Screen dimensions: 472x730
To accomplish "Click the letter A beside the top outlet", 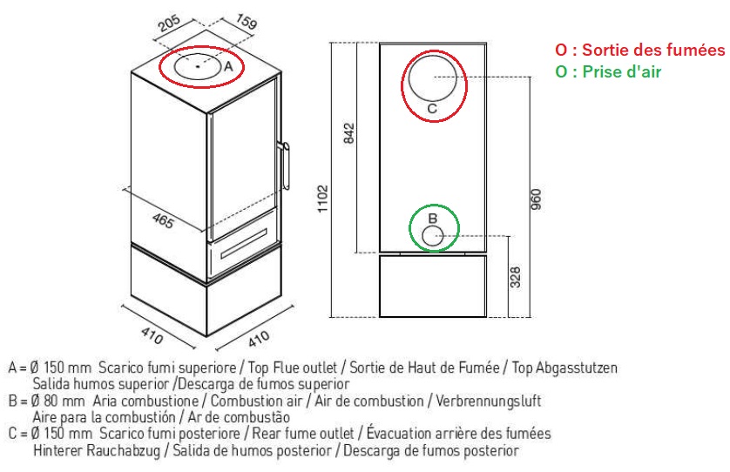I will (x=229, y=66).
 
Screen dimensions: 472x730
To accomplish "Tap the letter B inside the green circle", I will (x=432, y=218).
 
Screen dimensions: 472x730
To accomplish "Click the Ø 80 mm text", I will (x=58, y=401).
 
